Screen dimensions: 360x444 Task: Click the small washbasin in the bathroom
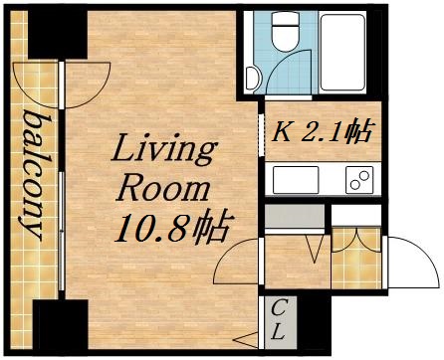[251, 76]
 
